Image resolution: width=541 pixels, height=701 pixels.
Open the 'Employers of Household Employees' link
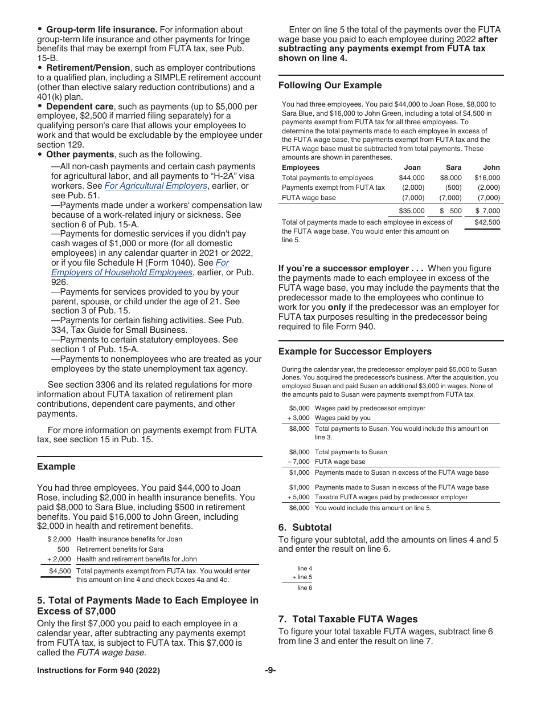[x=121, y=272]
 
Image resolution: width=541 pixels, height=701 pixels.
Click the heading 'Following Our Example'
[x=330, y=85]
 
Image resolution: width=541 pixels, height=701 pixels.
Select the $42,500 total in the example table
[x=487, y=222]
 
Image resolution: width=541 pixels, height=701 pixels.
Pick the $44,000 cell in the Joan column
[x=411, y=178]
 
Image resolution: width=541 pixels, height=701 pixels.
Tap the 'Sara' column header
[x=453, y=168]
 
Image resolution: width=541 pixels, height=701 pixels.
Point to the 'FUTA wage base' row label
[x=309, y=198]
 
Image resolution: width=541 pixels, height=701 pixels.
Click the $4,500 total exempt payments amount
[x=60, y=571]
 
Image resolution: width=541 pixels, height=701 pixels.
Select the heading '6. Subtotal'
[x=304, y=527]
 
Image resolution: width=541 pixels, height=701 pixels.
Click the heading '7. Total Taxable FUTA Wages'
[x=347, y=619]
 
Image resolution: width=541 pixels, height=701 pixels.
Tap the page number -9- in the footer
[x=270, y=671]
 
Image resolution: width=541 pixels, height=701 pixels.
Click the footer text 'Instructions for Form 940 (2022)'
[x=98, y=671]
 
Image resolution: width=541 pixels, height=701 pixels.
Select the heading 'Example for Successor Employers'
[x=355, y=351]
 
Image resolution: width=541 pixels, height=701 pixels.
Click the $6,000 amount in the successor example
[x=299, y=508]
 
